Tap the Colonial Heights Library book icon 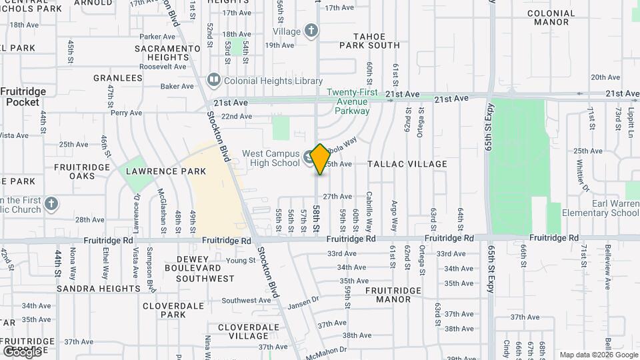214,81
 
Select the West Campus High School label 271,158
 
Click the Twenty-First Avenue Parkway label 352,101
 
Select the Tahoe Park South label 369,41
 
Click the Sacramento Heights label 167,53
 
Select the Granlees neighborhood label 118,78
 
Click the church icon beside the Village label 311,30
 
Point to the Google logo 22,351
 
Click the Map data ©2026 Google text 599,355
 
